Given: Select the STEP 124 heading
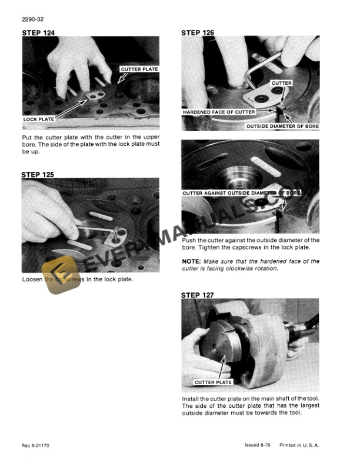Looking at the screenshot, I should pos(38,32).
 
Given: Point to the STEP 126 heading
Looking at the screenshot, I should pos(198,32).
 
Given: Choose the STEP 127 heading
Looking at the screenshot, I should pos(198,294).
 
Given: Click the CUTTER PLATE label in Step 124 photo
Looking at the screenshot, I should pos(139,69).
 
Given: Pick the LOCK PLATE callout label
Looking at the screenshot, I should pos(39,119).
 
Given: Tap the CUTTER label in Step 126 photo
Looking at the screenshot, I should pos(281,84).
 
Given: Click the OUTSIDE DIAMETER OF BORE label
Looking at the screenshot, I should pos(282,126).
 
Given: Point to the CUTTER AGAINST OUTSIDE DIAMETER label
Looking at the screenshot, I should pos(241,193).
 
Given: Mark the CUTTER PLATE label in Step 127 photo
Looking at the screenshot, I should pos(213,382).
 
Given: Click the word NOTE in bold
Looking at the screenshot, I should pos(192,261).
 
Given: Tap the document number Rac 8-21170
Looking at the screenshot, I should pos(37,445).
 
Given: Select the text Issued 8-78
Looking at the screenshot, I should pos(258,445).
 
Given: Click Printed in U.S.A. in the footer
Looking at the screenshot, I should pos(299,445).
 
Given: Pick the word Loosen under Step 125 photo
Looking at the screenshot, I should pos(32,279).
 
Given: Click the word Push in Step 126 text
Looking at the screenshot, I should pos(192,240).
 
